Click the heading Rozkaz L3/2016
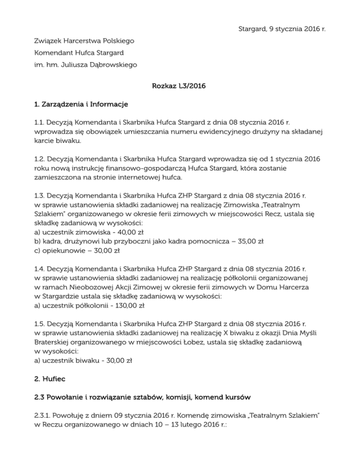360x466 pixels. coord(180,86)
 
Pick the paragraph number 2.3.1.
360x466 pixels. coord(44,415)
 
